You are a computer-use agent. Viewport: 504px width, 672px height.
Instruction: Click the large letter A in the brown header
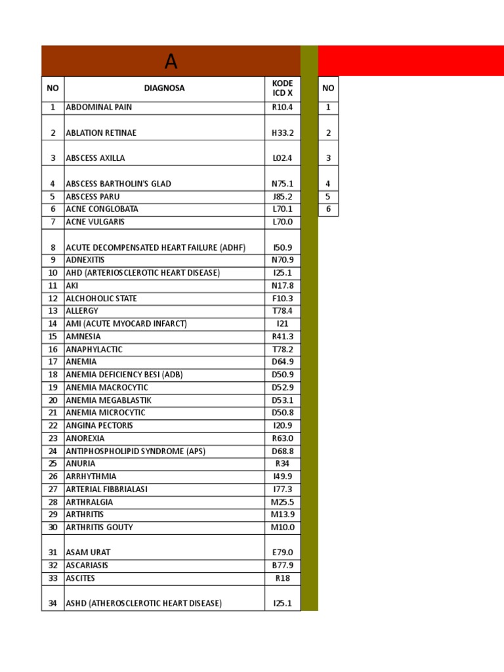click(x=171, y=62)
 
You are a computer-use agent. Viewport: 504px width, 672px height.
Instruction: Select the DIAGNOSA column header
click(x=164, y=88)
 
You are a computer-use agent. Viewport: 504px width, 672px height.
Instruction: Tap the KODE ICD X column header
click(x=282, y=88)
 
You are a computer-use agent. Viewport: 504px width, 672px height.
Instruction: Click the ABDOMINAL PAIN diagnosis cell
click(x=99, y=107)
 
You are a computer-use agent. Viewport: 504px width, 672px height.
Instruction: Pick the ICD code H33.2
click(x=282, y=133)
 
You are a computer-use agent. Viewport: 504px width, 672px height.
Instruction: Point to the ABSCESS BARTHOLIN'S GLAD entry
click(x=119, y=184)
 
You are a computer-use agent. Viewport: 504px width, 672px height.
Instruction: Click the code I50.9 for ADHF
click(x=282, y=247)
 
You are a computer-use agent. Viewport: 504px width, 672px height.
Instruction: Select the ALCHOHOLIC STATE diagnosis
click(x=102, y=299)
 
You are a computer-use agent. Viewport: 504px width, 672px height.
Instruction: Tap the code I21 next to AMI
click(x=282, y=324)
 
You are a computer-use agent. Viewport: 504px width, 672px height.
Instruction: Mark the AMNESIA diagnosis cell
click(x=83, y=337)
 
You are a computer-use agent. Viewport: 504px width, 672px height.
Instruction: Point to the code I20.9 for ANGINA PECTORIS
click(x=282, y=425)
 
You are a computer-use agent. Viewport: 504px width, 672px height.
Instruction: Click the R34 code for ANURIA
click(x=282, y=463)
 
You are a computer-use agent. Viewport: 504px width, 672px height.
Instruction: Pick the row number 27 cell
click(x=53, y=489)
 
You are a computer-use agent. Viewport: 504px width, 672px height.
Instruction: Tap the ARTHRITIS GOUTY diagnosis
click(x=98, y=527)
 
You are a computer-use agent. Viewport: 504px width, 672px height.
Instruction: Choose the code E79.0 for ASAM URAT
click(x=282, y=553)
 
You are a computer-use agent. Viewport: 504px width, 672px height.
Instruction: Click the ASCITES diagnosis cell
click(x=81, y=578)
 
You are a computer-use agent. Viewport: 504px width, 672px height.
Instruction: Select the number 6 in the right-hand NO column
click(x=328, y=209)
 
